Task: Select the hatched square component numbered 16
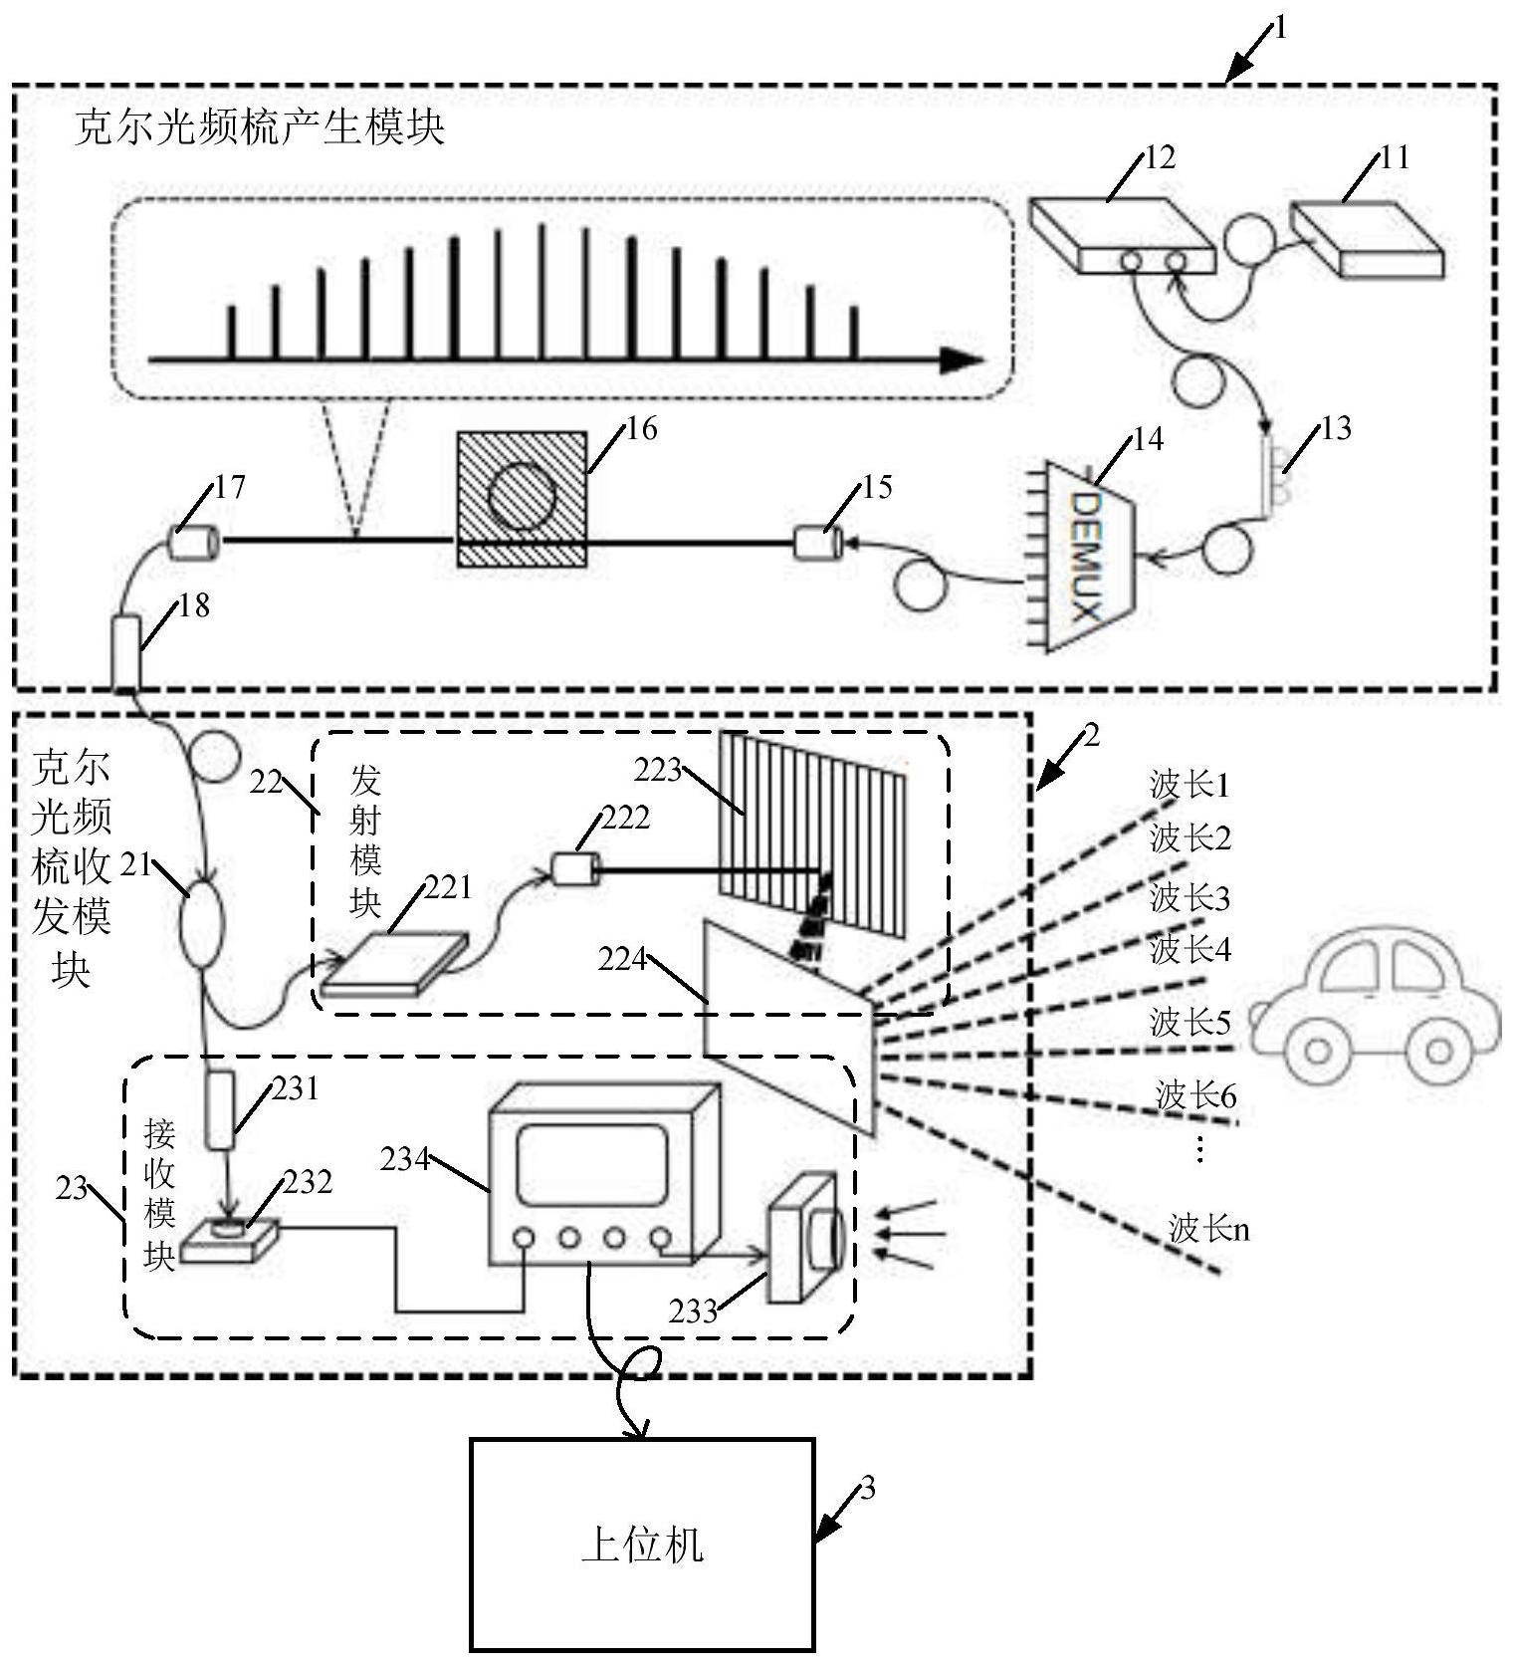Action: [x=522, y=498]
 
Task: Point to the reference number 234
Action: [x=404, y=1159]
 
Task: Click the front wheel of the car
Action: [x=1317, y=1051]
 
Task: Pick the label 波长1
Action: [x=1190, y=786]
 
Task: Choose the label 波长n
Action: [x=1208, y=1229]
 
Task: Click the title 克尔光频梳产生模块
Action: [x=259, y=127]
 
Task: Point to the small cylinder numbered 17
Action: [x=192, y=543]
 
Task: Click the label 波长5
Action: [x=1190, y=1022]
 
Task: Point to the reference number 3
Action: [x=868, y=1490]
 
